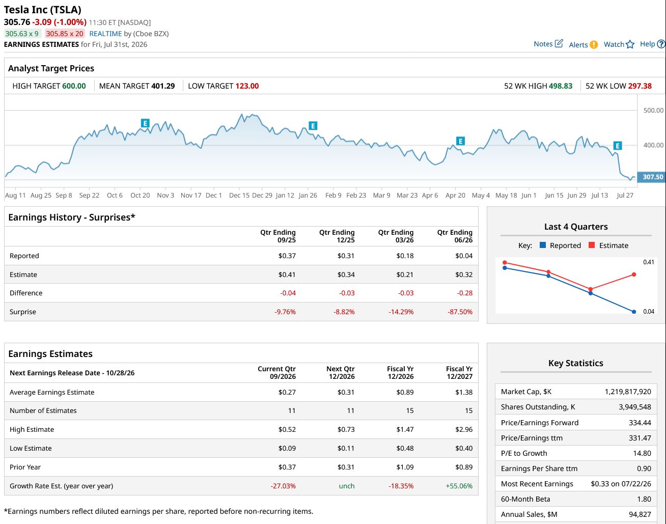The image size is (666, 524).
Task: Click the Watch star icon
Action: click(630, 45)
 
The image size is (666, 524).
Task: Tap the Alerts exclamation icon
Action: click(594, 45)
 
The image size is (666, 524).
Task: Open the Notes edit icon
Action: click(559, 44)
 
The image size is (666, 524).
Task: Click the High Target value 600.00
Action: click(74, 86)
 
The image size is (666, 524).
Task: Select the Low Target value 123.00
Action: click(247, 86)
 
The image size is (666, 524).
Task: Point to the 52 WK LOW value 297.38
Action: click(640, 86)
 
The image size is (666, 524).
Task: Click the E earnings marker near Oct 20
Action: click(145, 123)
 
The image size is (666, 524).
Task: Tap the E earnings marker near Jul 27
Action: click(618, 146)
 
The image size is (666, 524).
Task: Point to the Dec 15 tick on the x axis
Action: click(239, 196)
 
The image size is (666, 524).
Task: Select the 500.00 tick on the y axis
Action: click(653, 110)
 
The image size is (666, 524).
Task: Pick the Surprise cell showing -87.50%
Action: click(460, 312)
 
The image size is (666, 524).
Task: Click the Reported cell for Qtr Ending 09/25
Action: click(287, 256)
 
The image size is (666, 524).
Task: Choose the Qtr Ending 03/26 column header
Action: click(396, 236)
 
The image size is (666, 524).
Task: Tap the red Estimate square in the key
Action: click(592, 245)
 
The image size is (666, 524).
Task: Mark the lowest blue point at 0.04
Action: click(634, 312)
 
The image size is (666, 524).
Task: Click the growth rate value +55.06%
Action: click(459, 486)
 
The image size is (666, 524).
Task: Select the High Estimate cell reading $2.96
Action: click(464, 429)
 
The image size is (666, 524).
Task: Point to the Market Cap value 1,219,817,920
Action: click(628, 392)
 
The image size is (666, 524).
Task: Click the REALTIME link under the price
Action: click(105, 34)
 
